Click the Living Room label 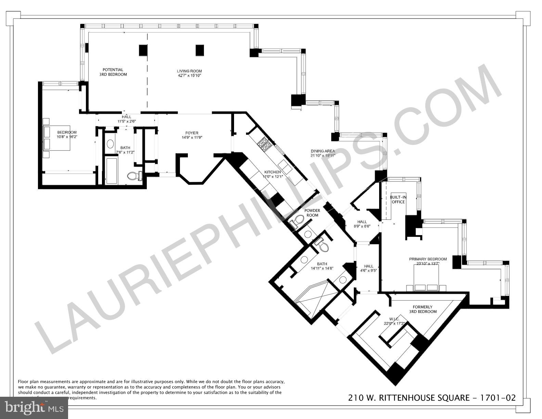(x=187, y=71)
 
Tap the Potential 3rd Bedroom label (x=113, y=72)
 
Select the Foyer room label (x=192, y=133)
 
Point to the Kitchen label (x=272, y=172)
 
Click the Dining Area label (x=323, y=151)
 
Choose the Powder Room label (x=312, y=213)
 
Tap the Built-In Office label (x=398, y=200)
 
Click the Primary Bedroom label (x=428, y=259)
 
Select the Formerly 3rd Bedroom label (x=423, y=309)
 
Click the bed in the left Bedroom (x=56, y=138)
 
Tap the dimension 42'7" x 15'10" (x=187, y=76)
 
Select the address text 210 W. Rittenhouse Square (x=409, y=397)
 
